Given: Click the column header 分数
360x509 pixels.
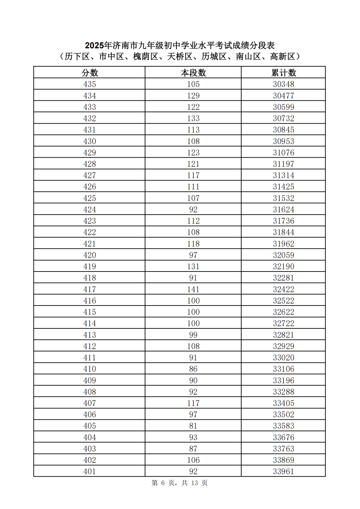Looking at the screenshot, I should click(x=90, y=73).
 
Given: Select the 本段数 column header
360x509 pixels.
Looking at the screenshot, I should click(x=193, y=73).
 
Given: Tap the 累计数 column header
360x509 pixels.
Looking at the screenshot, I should click(x=284, y=73).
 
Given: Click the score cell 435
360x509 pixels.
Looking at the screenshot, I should click(x=90, y=84).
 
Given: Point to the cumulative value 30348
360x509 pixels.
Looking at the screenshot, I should click(x=284, y=84).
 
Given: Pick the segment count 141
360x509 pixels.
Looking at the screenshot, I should click(x=193, y=289).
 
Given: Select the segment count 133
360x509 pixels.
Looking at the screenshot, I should click(x=193, y=118).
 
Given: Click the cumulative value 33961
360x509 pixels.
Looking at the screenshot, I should click(x=284, y=471).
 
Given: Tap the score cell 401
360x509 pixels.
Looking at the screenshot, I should click(x=90, y=471).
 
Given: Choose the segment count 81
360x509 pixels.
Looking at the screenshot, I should click(x=193, y=426).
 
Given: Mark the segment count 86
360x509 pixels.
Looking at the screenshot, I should click(x=193, y=369).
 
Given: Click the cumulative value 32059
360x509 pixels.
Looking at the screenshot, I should click(x=284, y=255).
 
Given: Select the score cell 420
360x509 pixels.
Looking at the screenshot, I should click(x=90, y=255).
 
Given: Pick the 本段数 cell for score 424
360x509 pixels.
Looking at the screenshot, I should click(x=193, y=210).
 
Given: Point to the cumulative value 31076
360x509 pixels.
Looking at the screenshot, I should click(x=284, y=153).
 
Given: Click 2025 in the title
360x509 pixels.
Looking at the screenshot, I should click(x=94, y=45).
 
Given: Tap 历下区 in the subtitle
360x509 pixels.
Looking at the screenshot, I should click(x=77, y=57).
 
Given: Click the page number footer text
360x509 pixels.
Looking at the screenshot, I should click(x=180, y=483).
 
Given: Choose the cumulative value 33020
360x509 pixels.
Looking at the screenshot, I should click(x=284, y=357).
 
